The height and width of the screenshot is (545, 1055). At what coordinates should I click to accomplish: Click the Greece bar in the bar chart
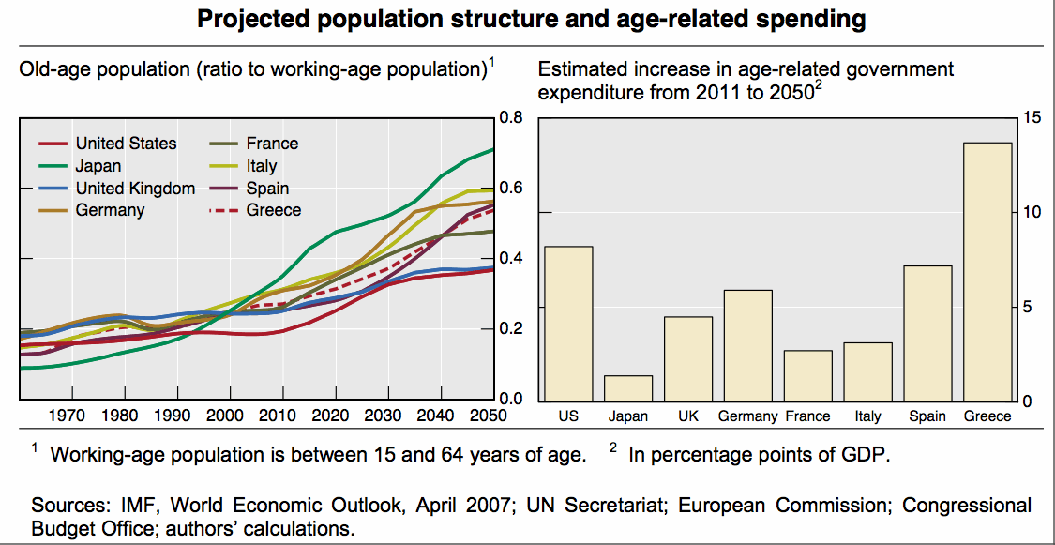pyautogui.click(x=987, y=272)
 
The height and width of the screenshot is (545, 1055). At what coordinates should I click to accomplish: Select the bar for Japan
pyautogui.click(x=627, y=388)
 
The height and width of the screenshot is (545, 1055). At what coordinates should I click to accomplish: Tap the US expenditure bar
pyautogui.click(x=568, y=324)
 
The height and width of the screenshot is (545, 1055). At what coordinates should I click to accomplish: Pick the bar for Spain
pyautogui.click(x=927, y=334)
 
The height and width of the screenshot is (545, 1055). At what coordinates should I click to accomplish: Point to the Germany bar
pyautogui.click(x=747, y=345)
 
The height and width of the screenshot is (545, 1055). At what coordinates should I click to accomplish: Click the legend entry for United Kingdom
pyautogui.click(x=135, y=189)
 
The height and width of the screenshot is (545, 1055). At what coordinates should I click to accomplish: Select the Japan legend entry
pyautogui.click(x=98, y=166)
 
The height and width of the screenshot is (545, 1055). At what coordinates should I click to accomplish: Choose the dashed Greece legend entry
pyautogui.click(x=273, y=210)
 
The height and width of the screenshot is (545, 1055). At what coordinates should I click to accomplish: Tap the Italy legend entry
pyautogui.click(x=262, y=166)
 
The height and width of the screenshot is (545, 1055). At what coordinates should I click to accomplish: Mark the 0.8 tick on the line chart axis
pyautogui.click(x=511, y=118)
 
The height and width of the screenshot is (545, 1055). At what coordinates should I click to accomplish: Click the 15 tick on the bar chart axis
pyautogui.click(x=1032, y=118)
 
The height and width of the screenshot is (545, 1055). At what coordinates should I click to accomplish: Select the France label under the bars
pyautogui.click(x=807, y=416)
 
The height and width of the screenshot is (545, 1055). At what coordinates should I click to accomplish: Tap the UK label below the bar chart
pyautogui.click(x=687, y=416)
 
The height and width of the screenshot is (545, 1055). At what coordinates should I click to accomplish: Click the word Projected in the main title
pyautogui.click(x=248, y=19)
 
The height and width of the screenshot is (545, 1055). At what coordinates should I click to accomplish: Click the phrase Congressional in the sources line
pyautogui.click(x=967, y=506)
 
